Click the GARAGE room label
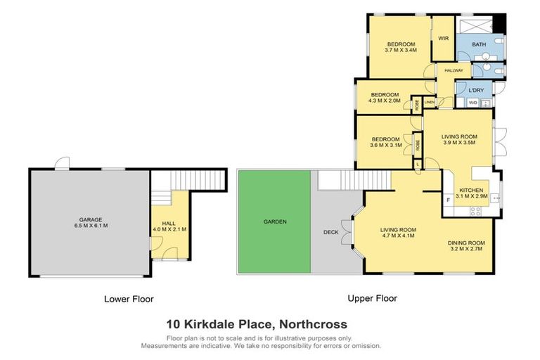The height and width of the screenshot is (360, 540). (x=90, y=219)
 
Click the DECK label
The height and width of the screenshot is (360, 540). (x=330, y=231)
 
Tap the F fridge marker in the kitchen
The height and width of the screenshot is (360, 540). (x=449, y=200)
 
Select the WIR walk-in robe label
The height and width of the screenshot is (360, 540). (x=444, y=39)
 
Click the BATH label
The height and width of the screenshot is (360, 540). (x=479, y=45)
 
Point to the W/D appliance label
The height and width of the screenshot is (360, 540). (x=472, y=103)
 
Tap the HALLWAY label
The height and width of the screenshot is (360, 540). (x=453, y=71)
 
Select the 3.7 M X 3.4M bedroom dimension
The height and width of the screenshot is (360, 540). (x=401, y=50)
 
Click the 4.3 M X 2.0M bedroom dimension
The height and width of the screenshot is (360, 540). (x=385, y=101)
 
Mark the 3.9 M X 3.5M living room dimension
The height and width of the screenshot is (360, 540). (x=459, y=142)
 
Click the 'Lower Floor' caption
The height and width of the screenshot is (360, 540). (x=129, y=299)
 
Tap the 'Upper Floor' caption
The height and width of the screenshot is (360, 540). (x=372, y=298)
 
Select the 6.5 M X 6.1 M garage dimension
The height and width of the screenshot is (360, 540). (x=90, y=226)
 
